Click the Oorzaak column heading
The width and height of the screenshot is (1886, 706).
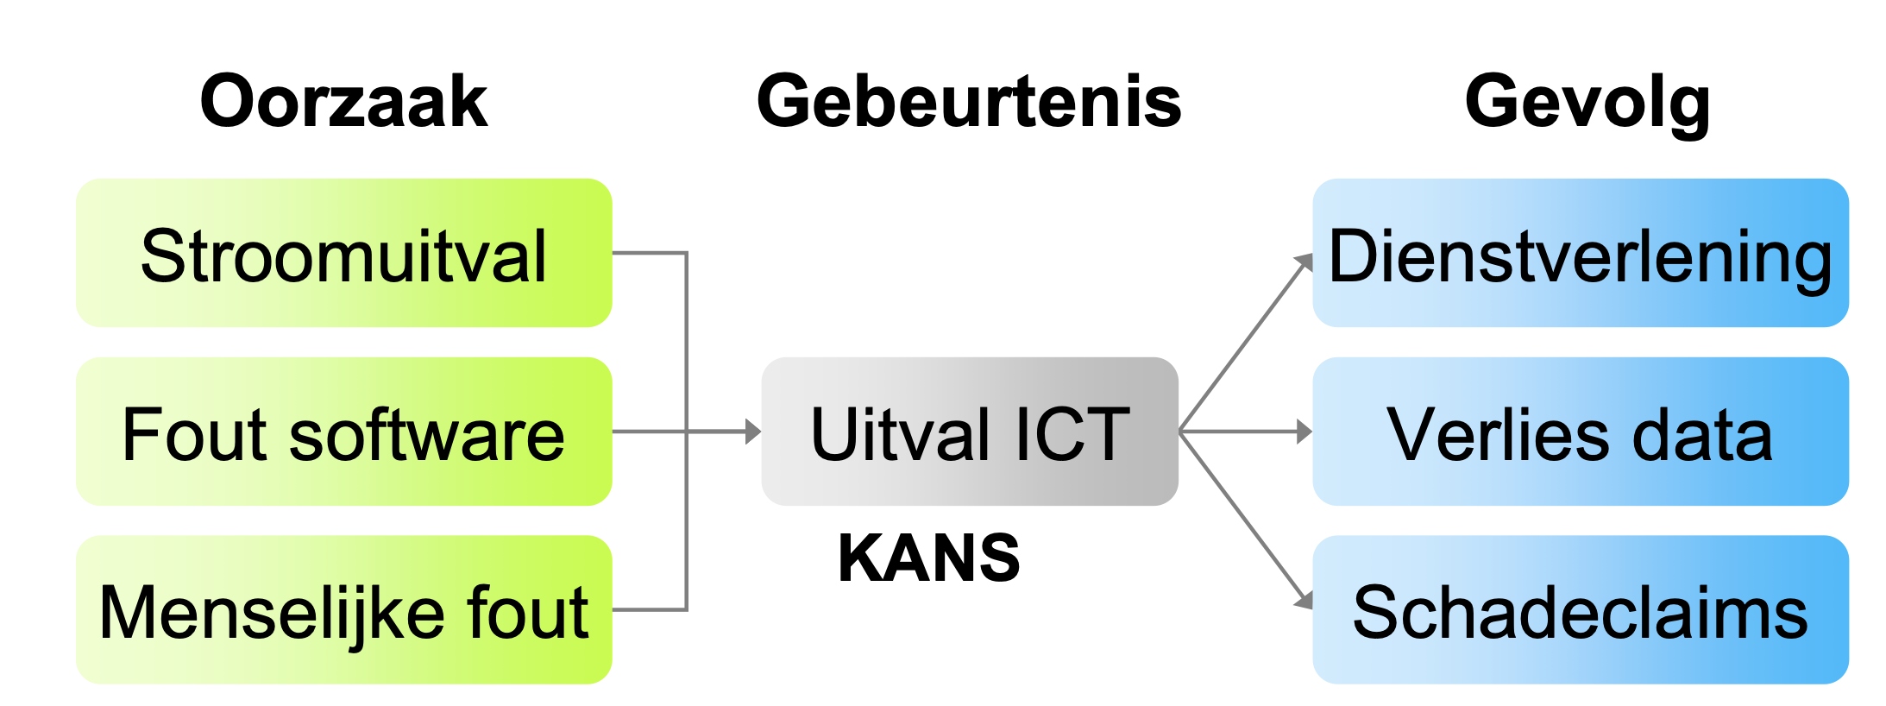(x=343, y=102)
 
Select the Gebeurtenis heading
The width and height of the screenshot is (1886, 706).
(x=968, y=102)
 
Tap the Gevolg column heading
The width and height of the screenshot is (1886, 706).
(x=1587, y=102)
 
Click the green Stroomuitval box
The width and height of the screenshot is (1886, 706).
(x=343, y=254)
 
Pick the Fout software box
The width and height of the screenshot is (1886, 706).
(x=343, y=432)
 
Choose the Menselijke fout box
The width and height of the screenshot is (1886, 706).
(x=343, y=610)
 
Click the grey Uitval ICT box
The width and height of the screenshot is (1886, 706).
(x=969, y=432)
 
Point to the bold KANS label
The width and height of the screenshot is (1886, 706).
(x=928, y=558)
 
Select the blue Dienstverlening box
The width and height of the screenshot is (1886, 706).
(x=1580, y=254)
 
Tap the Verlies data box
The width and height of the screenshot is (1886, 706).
(x=1580, y=432)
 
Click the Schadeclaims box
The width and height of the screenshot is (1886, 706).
(x=1580, y=610)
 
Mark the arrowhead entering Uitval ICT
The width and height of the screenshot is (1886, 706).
(x=753, y=432)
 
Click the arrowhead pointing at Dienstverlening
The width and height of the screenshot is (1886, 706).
(x=1304, y=262)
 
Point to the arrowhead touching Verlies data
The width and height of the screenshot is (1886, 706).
(x=1304, y=432)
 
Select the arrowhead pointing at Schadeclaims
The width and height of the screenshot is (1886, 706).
(x=1304, y=601)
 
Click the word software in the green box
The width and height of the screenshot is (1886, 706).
(x=426, y=433)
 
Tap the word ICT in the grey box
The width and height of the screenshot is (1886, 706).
(x=1072, y=433)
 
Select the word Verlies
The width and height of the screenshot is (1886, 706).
(x=1497, y=433)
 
